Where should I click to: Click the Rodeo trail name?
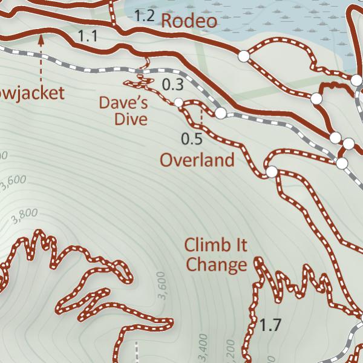click(189, 21)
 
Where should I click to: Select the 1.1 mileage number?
click(88, 36)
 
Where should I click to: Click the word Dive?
click(131, 119)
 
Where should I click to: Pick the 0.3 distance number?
click(172, 85)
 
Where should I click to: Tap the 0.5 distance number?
click(191, 139)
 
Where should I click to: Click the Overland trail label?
click(197, 160)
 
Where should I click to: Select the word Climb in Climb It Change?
click(203, 246)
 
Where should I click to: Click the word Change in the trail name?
click(217, 264)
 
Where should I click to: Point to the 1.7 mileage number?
click(270, 325)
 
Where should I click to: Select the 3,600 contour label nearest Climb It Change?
click(161, 286)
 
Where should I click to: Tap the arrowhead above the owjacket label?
click(41, 41)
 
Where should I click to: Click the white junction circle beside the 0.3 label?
click(178, 102)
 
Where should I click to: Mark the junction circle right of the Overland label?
click(272, 172)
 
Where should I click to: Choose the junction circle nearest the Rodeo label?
click(243, 56)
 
